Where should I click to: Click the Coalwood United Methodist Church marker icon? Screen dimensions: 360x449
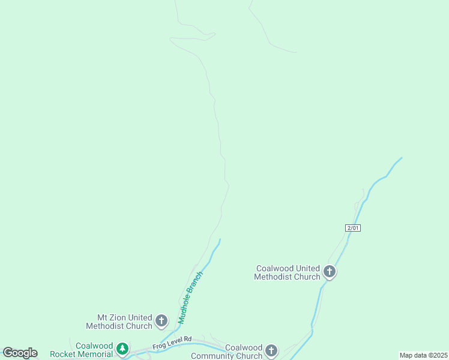point(329,272)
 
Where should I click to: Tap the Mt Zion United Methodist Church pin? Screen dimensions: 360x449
point(161,320)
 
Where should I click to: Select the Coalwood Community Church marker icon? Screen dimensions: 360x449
point(271,350)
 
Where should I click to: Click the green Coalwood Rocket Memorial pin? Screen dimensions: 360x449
point(122,349)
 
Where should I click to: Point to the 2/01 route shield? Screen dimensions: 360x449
point(353,228)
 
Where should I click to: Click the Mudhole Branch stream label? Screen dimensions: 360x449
point(190,298)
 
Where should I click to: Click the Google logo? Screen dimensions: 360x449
point(20,353)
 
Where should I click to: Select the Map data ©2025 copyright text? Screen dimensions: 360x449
point(423,355)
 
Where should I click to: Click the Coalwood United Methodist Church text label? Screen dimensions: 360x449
point(288,272)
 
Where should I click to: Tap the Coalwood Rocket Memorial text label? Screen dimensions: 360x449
point(82,350)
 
